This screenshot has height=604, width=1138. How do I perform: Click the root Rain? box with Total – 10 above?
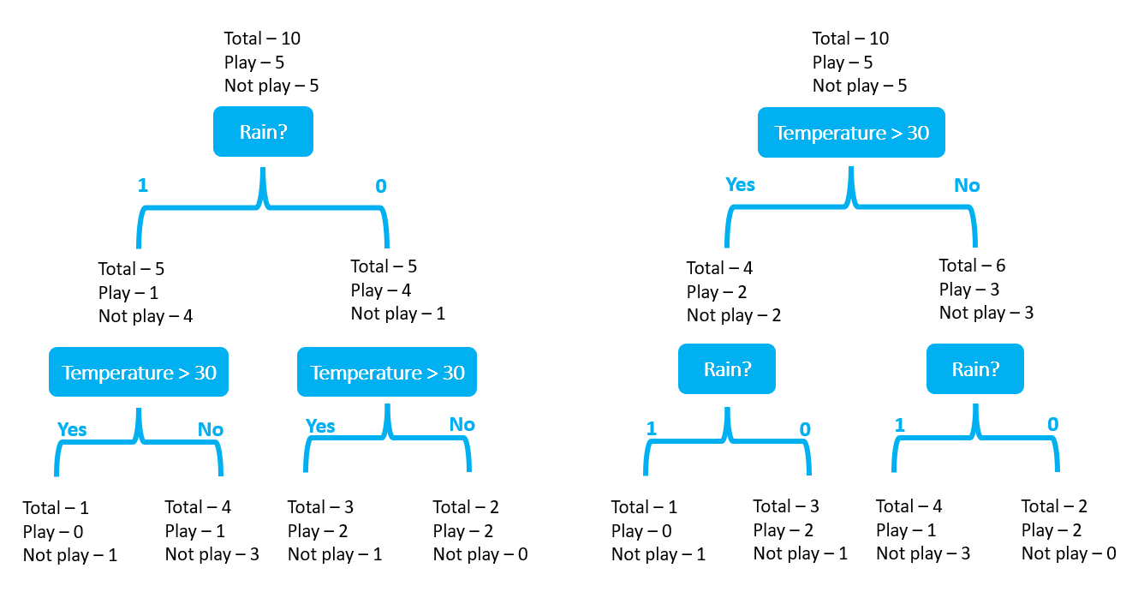point(263,132)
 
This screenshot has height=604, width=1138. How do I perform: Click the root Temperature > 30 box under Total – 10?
point(851,133)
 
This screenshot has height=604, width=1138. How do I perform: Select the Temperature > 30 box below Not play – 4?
point(139,372)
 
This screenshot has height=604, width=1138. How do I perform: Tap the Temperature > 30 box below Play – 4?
point(387,372)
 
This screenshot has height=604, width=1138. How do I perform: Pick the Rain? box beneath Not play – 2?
point(727,368)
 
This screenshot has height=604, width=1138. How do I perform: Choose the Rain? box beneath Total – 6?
point(975,368)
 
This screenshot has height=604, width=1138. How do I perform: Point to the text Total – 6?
point(972,266)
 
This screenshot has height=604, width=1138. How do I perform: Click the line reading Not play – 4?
point(146,316)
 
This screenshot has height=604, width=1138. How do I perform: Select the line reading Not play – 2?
point(734,315)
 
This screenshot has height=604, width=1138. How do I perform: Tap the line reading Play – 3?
point(969,290)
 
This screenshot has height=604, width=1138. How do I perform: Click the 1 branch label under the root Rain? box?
point(143,185)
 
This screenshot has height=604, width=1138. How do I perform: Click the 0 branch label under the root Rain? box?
point(381,186)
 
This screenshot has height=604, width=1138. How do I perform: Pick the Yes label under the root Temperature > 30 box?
point(741,185)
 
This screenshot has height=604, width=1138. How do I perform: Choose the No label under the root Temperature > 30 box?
point(967,186)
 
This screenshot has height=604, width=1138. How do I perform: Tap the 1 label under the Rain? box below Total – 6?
point(900,426)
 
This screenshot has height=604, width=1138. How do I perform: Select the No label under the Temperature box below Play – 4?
point(462,425)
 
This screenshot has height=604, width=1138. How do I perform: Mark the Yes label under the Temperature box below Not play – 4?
point(72,429)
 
